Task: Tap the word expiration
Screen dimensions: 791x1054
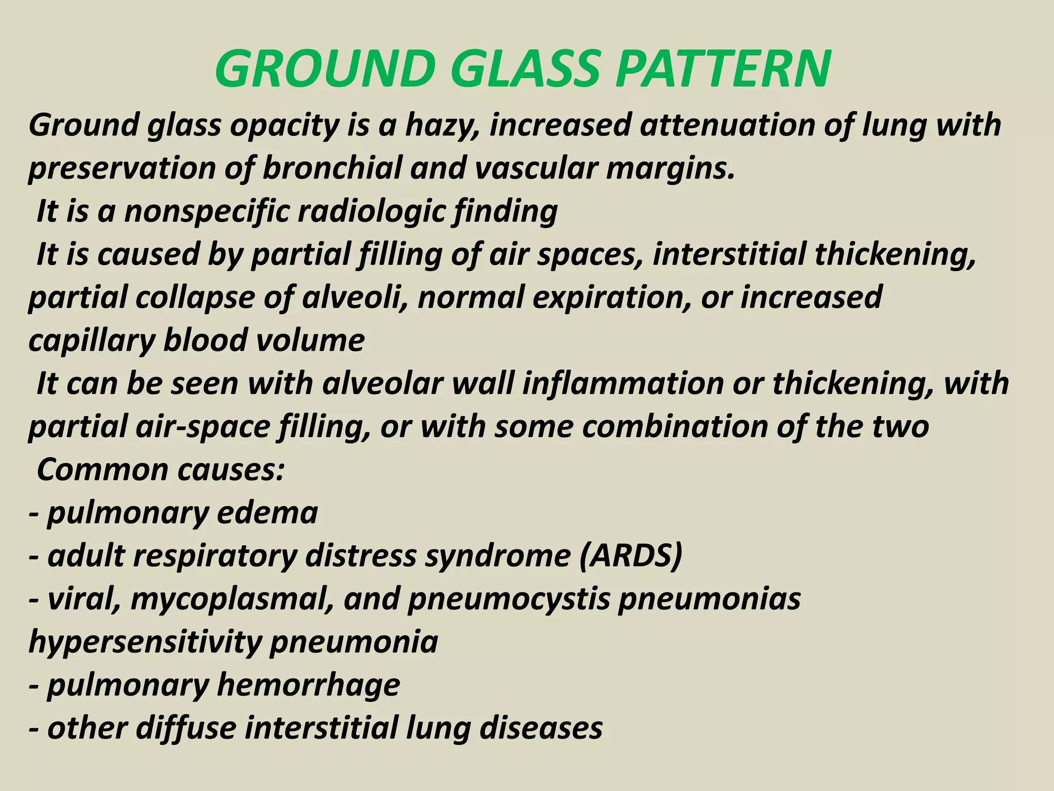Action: [x=612, y=298]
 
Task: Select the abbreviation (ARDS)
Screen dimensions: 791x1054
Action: [x=630, y=556]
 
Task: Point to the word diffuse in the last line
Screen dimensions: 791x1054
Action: [x=186, y=729]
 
